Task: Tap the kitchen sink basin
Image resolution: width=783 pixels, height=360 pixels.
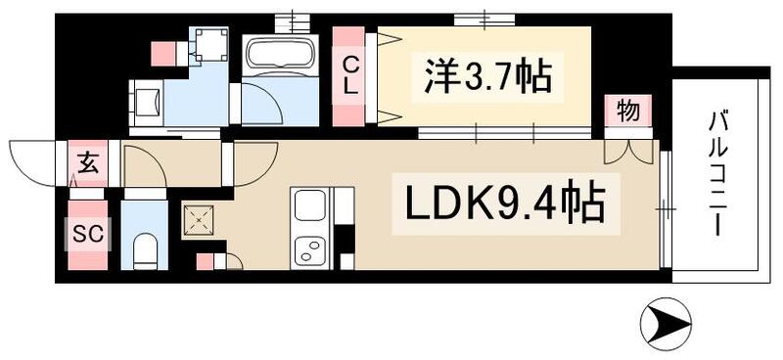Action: pos(312,206)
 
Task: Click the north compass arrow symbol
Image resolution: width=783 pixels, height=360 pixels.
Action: pos(666,319)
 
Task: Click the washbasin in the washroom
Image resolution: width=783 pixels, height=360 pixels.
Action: pos(148,100)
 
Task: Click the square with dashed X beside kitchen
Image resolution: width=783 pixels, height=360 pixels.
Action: pos(200,220)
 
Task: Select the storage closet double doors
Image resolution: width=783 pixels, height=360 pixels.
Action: pos(628,151)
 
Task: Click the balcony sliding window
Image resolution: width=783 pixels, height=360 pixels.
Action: pos(665,208)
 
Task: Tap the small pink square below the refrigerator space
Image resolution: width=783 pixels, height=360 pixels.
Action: pos(206,261)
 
